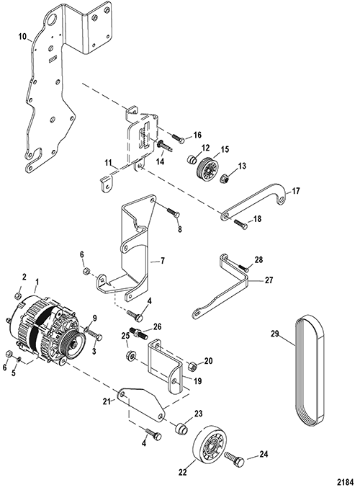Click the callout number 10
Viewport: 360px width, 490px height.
point(22,37)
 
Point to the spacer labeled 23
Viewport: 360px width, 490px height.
point(181,427)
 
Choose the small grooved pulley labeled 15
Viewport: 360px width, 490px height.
point(208,169)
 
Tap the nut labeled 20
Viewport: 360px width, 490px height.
point(192,365)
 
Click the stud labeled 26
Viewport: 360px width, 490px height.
point(140,332)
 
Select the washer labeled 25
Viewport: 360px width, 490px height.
point(131,356)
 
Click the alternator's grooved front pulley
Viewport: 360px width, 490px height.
point(72,347)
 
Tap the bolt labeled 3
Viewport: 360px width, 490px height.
point(95,335)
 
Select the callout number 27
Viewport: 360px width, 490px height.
point(269,280)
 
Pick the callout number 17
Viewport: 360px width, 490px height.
point(296,190)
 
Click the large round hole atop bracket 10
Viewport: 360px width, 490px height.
point(51,19)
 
